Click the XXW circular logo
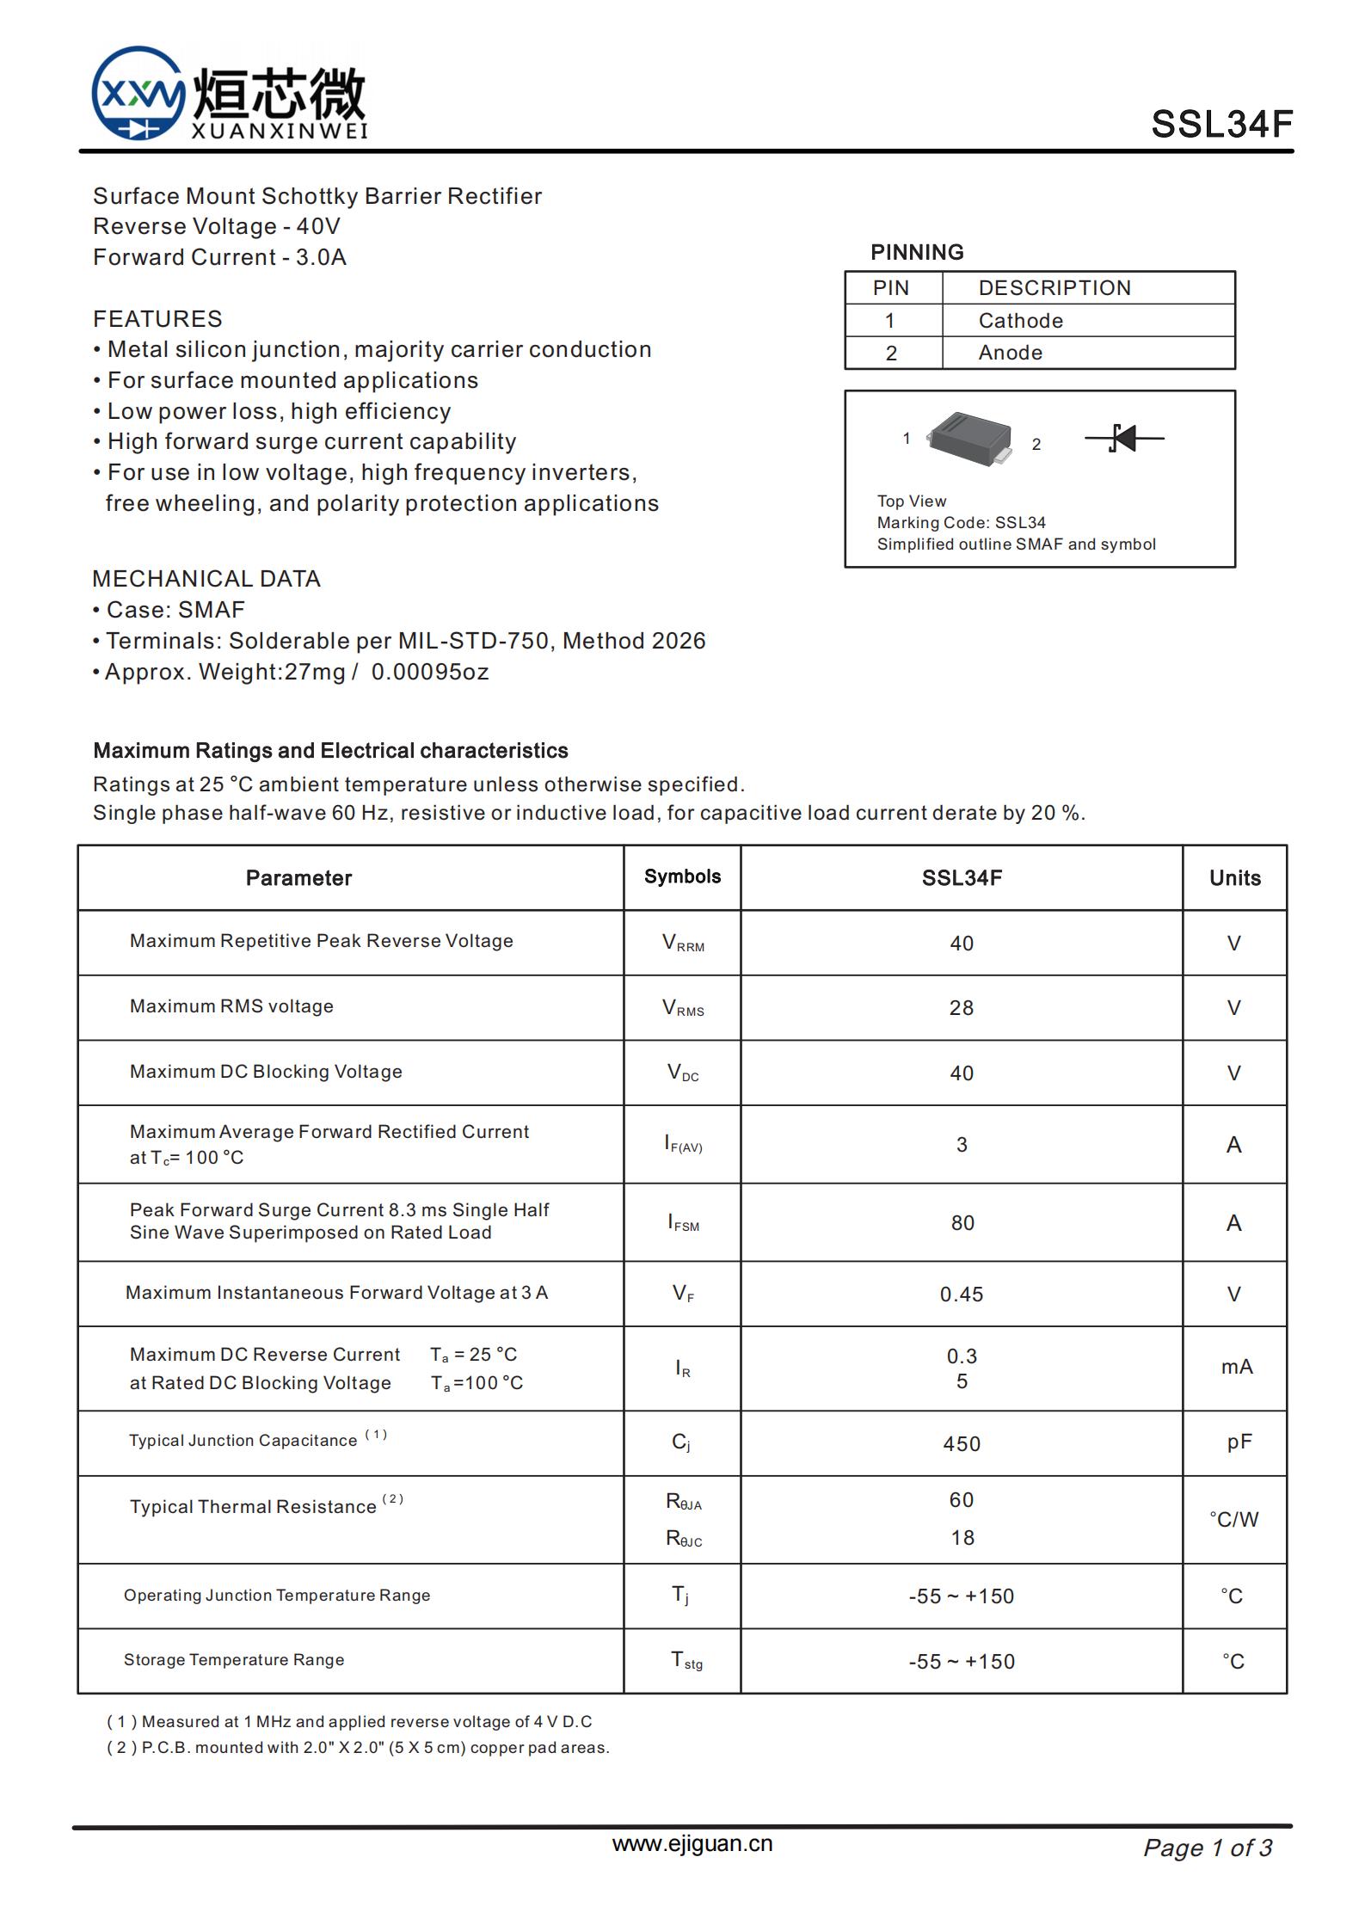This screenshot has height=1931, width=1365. pos(138,93)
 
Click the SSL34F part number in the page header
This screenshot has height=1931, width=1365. pos(1221,125)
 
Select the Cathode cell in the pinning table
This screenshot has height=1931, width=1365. pos(1020,321)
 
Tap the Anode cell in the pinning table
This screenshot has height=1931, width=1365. pos(1010,353)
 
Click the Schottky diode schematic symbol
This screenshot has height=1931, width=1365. pos(1124,438)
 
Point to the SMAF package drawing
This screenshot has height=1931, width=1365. pos(970,437)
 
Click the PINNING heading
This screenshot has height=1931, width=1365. pos(917,252)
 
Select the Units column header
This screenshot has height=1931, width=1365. pos(1234,877)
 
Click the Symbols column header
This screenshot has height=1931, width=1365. pos(682,876)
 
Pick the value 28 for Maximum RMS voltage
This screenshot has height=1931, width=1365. pos(961,1007)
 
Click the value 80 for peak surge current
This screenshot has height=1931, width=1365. pos(962,1222)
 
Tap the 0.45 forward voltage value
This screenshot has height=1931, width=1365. pos(961,1294)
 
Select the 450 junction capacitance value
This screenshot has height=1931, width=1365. pos(961,1443)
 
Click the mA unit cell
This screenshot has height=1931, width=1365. pos(1236,1367)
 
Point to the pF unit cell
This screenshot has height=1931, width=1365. pos(1239,1442)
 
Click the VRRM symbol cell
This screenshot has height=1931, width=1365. pos(683,943)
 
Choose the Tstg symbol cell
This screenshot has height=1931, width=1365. pos(686,1660)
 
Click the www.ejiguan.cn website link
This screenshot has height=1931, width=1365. pos(692,1843)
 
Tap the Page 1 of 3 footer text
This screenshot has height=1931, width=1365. pos(1207,1848)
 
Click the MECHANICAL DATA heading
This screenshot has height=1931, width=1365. pos(206,579)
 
